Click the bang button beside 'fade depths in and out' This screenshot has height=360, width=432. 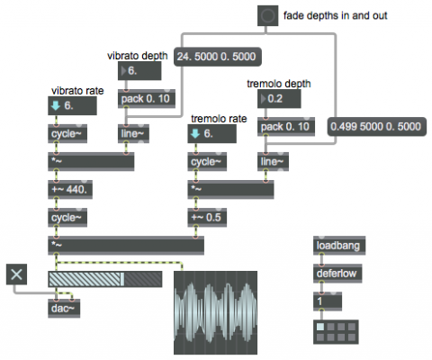pos(267,15)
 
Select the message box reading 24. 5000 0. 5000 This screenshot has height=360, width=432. pos(218,57)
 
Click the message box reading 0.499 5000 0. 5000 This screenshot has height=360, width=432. pos(376,126)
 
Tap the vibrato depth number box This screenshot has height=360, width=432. pos(139,71)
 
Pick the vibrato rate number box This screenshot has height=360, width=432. pos(72,105)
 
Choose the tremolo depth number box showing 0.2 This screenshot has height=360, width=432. pos(279,99)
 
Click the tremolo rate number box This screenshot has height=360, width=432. pos(211,133)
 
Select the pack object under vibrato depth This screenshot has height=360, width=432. pos(147,99)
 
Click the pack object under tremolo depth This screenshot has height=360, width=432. pos(286,127)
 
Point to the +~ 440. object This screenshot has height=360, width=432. pos(70,190)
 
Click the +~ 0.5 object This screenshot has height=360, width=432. pos(207,218)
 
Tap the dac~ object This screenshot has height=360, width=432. pos(64,309)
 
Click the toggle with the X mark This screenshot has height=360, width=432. pos(16,274)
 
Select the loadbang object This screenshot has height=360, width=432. pos(339,246)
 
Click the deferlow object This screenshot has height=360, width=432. pos(337,274)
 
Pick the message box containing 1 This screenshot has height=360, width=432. pos(328,301)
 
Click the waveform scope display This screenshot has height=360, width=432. pos(215,312)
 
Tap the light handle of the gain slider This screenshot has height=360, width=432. pos(122,279)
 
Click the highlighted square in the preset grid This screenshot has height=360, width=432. pos(320,327)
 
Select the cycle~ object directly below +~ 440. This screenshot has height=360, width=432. pos(67,218)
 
